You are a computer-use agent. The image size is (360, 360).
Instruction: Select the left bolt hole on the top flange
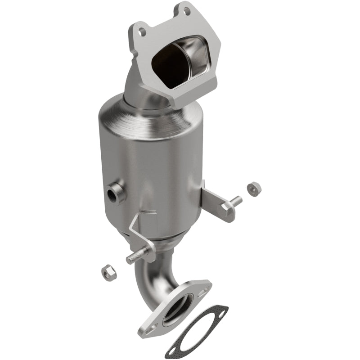tap(142, 31)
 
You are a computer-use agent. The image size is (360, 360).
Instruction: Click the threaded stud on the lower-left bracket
tap(135, 257)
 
